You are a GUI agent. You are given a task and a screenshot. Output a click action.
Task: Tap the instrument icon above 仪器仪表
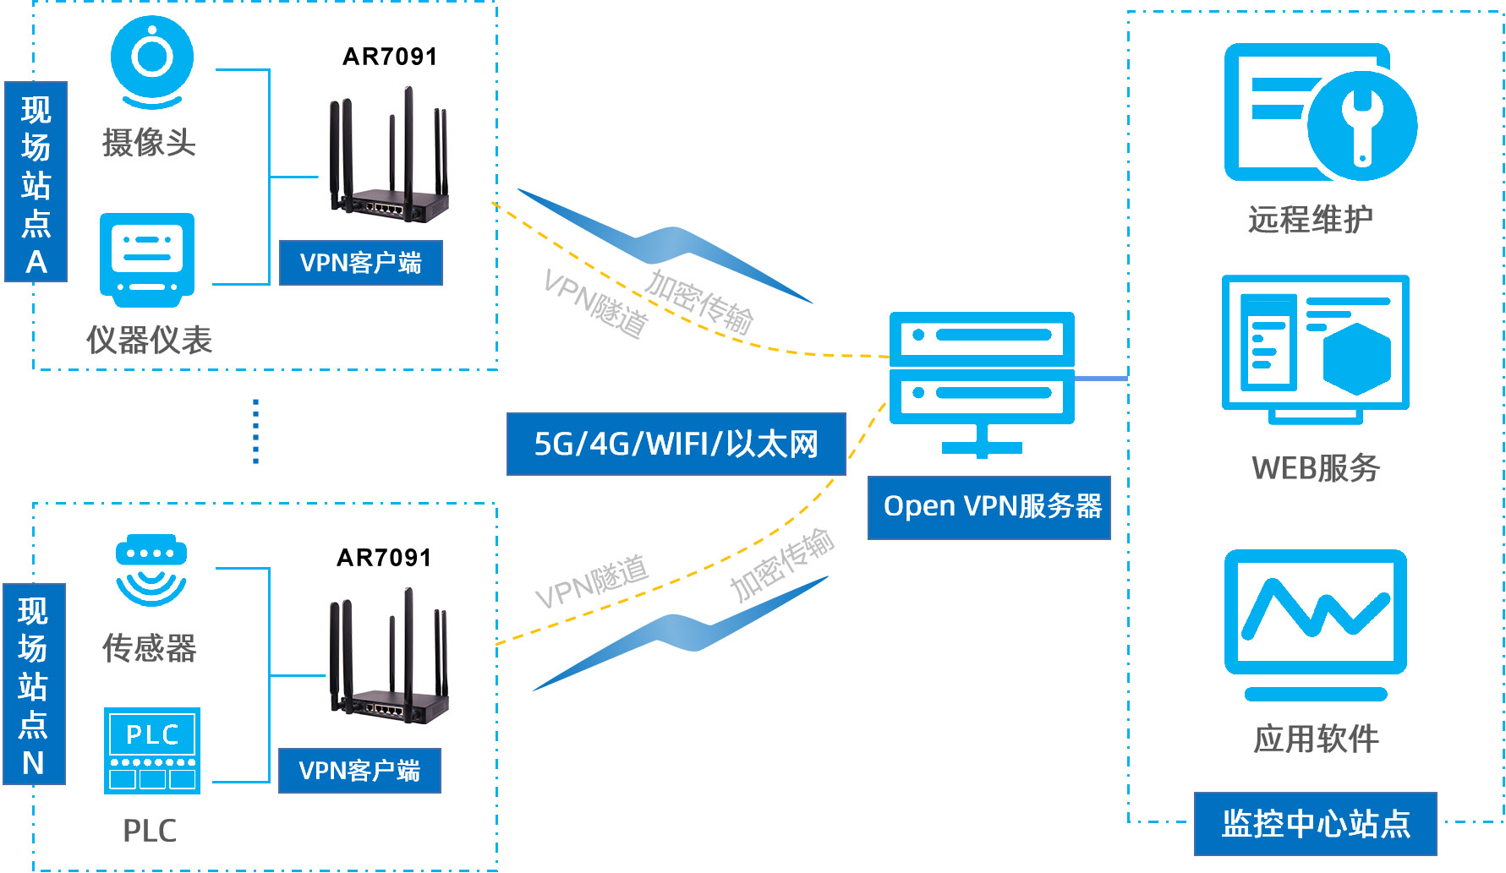pyautogui.click(x=147, y=258)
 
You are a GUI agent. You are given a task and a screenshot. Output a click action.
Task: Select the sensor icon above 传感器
pyautogui.click(x=151, y=570)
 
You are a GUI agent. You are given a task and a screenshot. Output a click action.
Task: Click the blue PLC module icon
pyautogui.click(x=152, y=750)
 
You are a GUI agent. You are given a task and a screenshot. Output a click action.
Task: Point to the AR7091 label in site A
pyautogui.click(x=390, y=57)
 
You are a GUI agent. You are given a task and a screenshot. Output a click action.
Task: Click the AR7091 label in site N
pyautogui.click(x=384, y=558)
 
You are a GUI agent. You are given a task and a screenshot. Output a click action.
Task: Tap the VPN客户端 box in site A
pyautogui.click(x=360, y=263)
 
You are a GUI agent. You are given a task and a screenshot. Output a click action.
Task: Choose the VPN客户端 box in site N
pyautogui.click(x=359, y=771)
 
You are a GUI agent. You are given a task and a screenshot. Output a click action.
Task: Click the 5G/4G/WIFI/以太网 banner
pyautogui.click(x=676, y=444)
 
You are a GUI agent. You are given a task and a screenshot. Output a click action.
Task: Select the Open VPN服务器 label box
pyautogui.click(x=988, y=507)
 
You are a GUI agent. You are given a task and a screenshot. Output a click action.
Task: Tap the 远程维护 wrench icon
pyautogui.click(x=1319, y=112)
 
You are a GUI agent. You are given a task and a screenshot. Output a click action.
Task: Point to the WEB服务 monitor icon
pyautogui.click(x=1315, y=347)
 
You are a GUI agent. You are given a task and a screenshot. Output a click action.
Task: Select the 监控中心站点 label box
pyautogui.click(x=1315, y=823)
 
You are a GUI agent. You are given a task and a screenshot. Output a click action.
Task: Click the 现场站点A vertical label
pyautogui.click(x=36, y=182)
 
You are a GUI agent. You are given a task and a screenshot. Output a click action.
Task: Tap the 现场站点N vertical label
pyautogui.click(x=33, y=684)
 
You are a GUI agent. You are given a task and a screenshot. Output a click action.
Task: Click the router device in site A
pyautogui.click(x=389, y=161)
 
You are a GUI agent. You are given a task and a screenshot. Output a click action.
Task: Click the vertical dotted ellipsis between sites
pyautogui.click(x=255, y=431)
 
